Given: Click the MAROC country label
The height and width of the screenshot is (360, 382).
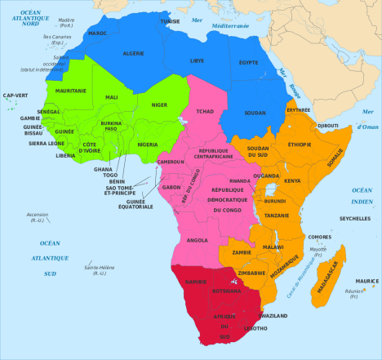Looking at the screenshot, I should coord(98,33).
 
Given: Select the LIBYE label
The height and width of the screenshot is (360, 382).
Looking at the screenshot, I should coord(198,60).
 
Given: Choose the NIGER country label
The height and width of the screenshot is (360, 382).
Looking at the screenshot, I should coord(159,104).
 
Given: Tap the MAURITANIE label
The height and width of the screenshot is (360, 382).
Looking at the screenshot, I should coord(70,113).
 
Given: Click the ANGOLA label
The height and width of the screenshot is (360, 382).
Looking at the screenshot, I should coord(198,241).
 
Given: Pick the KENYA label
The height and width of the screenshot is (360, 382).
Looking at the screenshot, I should coord(292,180).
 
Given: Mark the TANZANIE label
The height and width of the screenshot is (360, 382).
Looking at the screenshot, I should coord(276,216).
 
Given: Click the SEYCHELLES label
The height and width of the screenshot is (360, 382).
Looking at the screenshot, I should coord(354,218).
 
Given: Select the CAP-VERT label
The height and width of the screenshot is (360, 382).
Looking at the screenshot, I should coord(16,96).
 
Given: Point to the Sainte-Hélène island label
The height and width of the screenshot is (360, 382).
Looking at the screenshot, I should coord(90,269).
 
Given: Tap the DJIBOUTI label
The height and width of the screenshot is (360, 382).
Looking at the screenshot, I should coord(327,126).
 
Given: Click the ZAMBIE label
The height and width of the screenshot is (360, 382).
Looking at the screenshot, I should coord(242,252).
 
